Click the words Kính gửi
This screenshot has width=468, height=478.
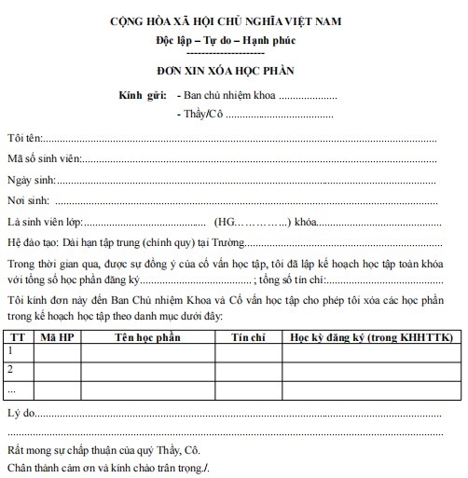point(143,95)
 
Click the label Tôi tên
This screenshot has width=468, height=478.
point(22,138)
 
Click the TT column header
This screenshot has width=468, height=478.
point(15,335)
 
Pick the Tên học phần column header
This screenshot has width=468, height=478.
point(148,335)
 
